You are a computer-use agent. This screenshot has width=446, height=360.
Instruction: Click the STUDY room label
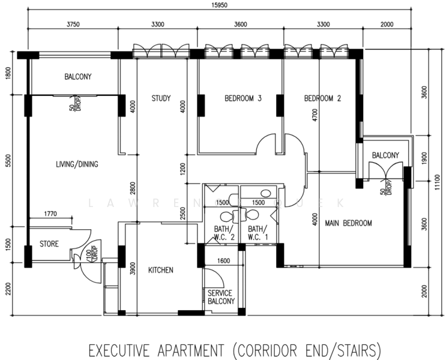(x=161, y=98)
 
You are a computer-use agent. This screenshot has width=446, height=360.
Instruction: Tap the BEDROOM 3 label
(x=243, y=98)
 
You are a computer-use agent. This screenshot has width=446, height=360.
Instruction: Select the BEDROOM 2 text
(x=322, y=98)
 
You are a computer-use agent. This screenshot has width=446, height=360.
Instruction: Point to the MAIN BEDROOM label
(x=348, y=223)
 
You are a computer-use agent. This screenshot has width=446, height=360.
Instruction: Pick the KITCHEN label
(x=160, y=270)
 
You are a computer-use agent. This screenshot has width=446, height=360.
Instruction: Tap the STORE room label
(x=49, y=244)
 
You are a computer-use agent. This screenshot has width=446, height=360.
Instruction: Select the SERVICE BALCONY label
(x=221, y=297)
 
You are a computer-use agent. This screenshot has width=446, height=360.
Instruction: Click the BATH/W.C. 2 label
(x=224, y=233)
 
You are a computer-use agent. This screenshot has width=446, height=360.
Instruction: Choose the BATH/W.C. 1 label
(x=258, y=233)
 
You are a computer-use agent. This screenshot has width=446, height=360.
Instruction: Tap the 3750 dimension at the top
(x=72, y=25)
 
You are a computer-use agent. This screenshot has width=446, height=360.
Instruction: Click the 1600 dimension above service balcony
(x=223, y=260)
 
